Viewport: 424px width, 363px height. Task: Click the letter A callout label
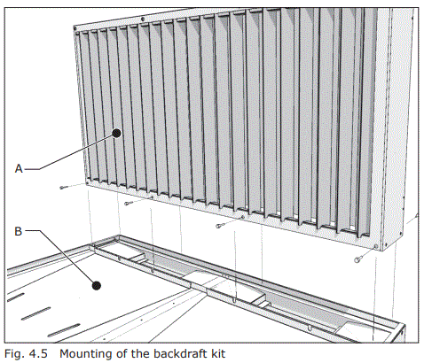pyautogui.click(x=19, y=165)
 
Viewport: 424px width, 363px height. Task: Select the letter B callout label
pyautogui.click(x=19, y=233)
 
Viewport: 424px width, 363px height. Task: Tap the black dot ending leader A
pyautogui.click(x=116, y=134)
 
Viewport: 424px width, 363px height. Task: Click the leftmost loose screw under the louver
pyautogui.click(x=63, y=188)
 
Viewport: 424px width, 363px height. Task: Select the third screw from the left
pyautogui.click(x=220, y=226)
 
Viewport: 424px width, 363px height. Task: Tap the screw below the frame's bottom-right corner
pyautogui.click(x=357, y=259)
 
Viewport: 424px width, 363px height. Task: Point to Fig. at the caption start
pyautogui.click(x=13, y=353)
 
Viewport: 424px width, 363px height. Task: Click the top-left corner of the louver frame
pyautogui.click(x=73, y=24)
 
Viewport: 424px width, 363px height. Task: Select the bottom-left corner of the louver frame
pyautogui.click(x=86, y=182)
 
